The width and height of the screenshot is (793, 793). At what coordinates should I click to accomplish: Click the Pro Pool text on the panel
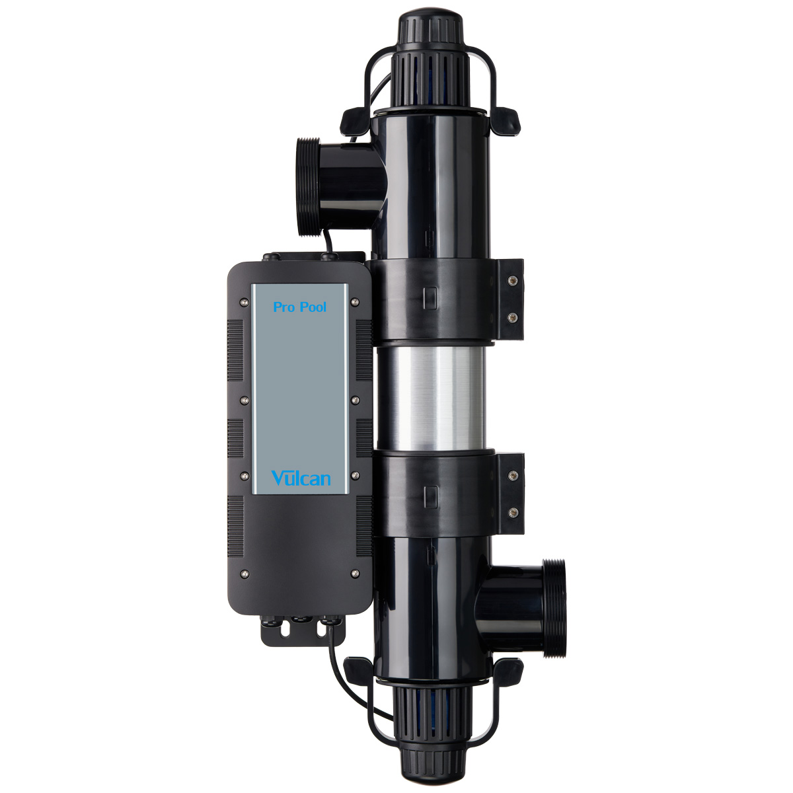(x=299, y=307)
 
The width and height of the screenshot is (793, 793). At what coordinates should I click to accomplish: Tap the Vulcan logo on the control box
(x=301, y=478)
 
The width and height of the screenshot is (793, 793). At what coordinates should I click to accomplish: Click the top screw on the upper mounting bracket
(x=512, y=281)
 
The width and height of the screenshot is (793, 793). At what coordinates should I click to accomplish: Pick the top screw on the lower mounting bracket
(x=513, y=476)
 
